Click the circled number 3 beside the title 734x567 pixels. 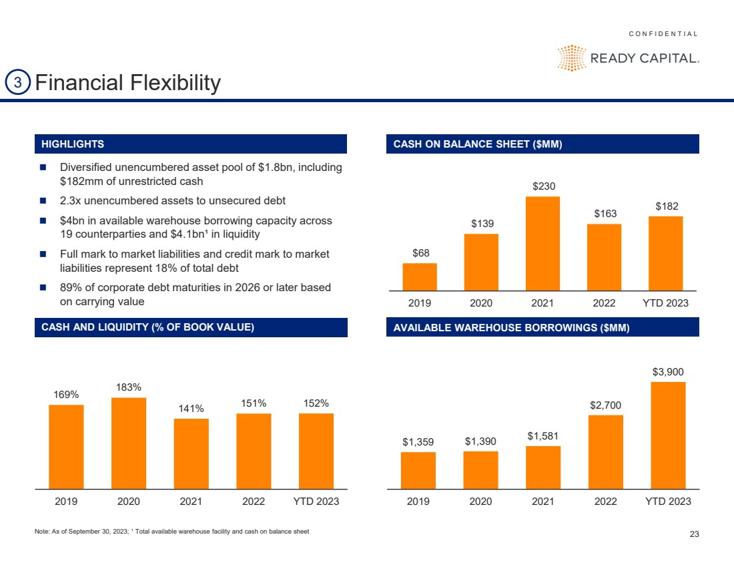point(18,83)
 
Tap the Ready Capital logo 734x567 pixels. point(628,57)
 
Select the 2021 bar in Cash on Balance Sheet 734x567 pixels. point(542,243)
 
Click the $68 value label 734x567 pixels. point(420,253)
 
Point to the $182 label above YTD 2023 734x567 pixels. point(665,206)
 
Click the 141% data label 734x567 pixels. point(191,409)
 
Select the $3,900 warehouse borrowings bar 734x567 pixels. point(668,435)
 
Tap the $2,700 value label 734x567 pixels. point(605,405)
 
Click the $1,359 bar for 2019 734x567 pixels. point(418,470)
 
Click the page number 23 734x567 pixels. point(693,534)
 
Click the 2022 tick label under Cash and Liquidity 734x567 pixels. point(253,502)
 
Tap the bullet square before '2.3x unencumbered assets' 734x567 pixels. point(43,201)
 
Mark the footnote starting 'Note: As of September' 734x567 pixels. point(171,532)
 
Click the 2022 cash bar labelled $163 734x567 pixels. point(604,257)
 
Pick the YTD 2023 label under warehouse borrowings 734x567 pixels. point(667,502)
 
